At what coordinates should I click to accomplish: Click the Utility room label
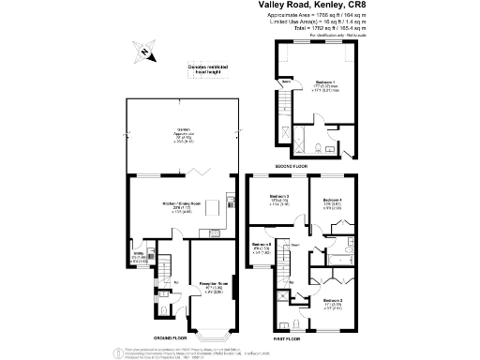point(137,254)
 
